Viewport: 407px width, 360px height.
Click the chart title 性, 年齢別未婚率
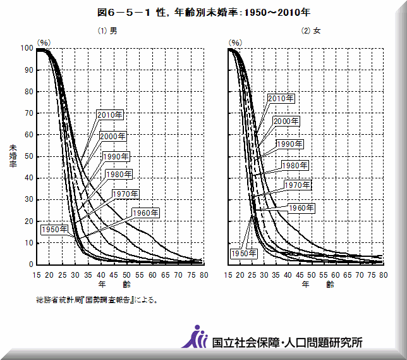[204, 13]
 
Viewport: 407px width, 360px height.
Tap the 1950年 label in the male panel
[55, 229]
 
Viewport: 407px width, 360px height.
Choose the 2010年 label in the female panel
[281, 99]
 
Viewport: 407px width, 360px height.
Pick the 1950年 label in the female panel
[243, 253]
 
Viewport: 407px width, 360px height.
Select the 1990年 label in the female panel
[290, 144]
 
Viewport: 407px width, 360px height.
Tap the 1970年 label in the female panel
[297, 185]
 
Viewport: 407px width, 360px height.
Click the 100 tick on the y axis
[26, 48]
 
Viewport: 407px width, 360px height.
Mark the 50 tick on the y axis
[28, 156]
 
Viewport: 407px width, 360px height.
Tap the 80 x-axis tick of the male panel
[204, 275]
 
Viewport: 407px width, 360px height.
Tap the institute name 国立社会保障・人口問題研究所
[287, 342]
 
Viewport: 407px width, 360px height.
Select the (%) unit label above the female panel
[235, 42]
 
